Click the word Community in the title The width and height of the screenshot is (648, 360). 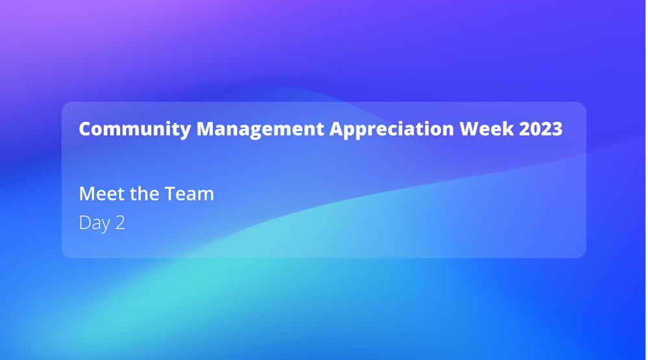click(x=135, y=129)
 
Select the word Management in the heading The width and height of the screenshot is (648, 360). click(x=260, y=129)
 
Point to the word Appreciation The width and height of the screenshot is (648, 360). click(x=392, y=129)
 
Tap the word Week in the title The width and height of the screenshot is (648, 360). click(x=486, y=128)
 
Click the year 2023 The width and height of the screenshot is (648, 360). click(x=540, y=128)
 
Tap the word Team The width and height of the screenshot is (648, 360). click(x=189, y=193)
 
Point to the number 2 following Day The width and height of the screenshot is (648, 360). click(x=120, y=222)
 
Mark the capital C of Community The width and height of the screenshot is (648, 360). click(x=86, y=128)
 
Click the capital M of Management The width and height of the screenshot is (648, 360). click(x=206, y=128)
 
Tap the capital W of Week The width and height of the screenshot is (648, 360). click(x=471, y=128)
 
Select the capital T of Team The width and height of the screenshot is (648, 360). click(x=170, y=193)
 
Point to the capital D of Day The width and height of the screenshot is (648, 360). click(x=85, y=222)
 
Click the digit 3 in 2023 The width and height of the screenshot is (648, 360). click(x=557, y=128)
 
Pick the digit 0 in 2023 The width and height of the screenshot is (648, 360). click(x=535, y=128)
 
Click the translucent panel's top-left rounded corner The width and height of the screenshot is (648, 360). click(x=65, y=105)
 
